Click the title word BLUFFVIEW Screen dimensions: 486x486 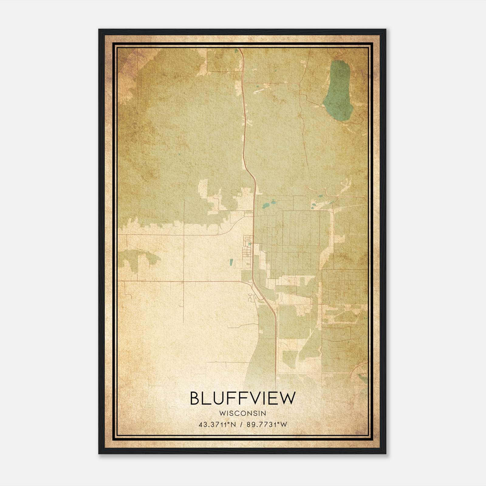242,398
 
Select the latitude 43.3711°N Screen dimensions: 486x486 217,425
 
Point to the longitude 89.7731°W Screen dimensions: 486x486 266,425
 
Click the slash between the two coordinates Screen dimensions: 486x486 241,425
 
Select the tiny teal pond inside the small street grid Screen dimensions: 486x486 250,243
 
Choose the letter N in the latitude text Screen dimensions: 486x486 233,425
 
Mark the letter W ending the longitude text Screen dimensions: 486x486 283,425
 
